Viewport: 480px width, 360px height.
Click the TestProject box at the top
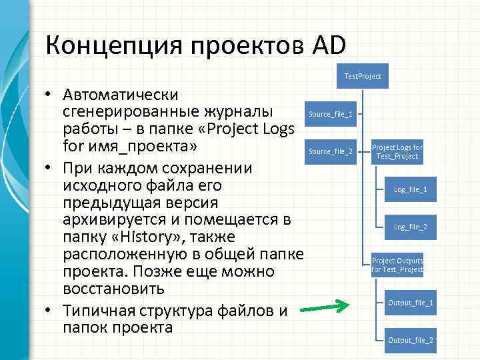click(x=363, y=76)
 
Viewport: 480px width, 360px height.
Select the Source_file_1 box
click(x=331, y=114)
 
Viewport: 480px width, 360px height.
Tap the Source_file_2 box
click(x=331, y=151)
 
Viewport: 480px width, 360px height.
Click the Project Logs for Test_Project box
click(x=397, y=151)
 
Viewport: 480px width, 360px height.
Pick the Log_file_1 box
click(x=411, y=189)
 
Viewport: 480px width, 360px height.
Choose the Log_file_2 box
click(x=411, y=227)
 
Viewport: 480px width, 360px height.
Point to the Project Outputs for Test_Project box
click(x=397, y=265)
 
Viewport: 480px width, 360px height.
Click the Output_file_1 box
click(x=411, y=303)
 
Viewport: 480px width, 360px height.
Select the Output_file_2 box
click(x=411, y=340)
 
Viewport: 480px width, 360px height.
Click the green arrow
click(x=324, y=308)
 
